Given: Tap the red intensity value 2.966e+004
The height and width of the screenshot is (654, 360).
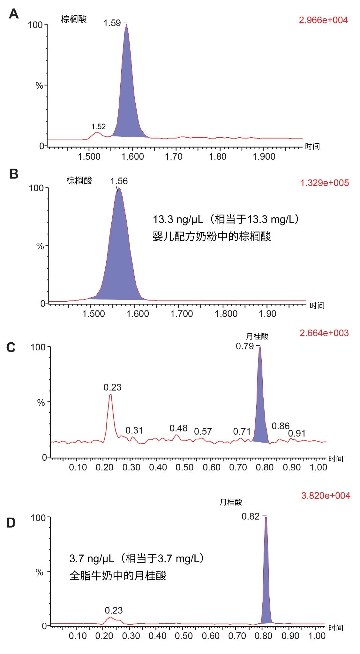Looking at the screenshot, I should click(323, 20).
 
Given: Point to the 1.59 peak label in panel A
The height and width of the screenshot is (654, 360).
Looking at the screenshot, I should click(112, 23).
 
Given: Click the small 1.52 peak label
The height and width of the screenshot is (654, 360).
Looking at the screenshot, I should click(98, 127).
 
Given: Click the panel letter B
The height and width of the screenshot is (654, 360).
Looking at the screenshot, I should click(14, 174).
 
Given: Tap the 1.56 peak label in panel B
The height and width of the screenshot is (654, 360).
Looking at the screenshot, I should click(119, 181).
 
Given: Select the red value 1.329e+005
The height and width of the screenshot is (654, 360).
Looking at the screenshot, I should click(324, 183).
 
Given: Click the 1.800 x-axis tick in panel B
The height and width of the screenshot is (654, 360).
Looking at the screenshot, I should click(226, 314).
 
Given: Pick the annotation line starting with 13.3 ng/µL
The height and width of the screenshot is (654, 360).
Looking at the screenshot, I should click(226, 220).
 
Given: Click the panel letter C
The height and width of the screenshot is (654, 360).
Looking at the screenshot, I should click(11, 347).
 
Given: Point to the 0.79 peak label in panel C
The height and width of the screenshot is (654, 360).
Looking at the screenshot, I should click(245, 346).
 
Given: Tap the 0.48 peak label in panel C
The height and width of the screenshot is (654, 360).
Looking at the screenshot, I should click(178, 428).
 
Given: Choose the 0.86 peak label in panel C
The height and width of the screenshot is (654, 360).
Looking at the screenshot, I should click(281, 426).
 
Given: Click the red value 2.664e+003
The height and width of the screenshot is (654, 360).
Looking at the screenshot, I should click(324, 333).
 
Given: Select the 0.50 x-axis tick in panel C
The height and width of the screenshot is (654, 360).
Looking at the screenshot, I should click(185, 467).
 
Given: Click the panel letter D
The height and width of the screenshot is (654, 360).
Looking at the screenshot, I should click(11, 523).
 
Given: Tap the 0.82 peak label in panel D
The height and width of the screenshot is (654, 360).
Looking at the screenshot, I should click(251, 516).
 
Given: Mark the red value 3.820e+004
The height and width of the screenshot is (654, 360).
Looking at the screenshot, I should click(326, 495).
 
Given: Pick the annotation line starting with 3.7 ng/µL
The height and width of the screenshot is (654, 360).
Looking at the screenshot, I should click(137, 559).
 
